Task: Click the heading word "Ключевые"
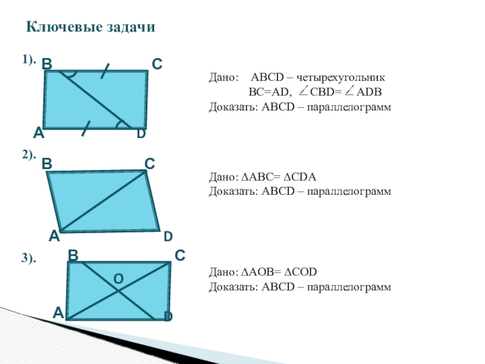(x=61, y=28)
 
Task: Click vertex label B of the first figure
(x=47, y=63)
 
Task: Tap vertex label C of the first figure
(x=156, y=63)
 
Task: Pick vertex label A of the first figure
(x=38, y=133)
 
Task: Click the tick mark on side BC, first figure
(x=105, y=70)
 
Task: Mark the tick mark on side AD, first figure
(x=85, y=128)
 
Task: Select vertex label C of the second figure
(x=150, y=164)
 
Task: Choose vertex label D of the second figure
(x=168, y=235)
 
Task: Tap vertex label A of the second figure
(x=54, y=235)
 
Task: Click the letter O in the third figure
(x=119, y=278)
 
